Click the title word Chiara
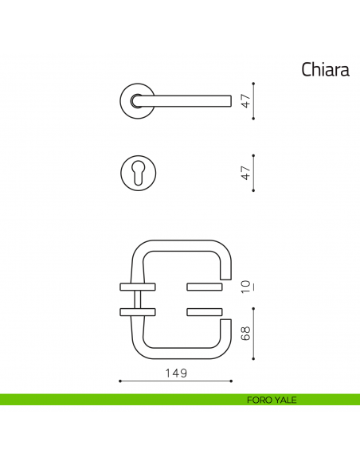(325, 70)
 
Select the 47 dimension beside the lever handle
(247, 100)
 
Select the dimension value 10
(247, 284)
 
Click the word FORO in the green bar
(259, 400)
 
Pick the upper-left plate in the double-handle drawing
(137, 285)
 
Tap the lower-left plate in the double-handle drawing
(137, 311)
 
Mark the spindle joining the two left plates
(139, 299)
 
